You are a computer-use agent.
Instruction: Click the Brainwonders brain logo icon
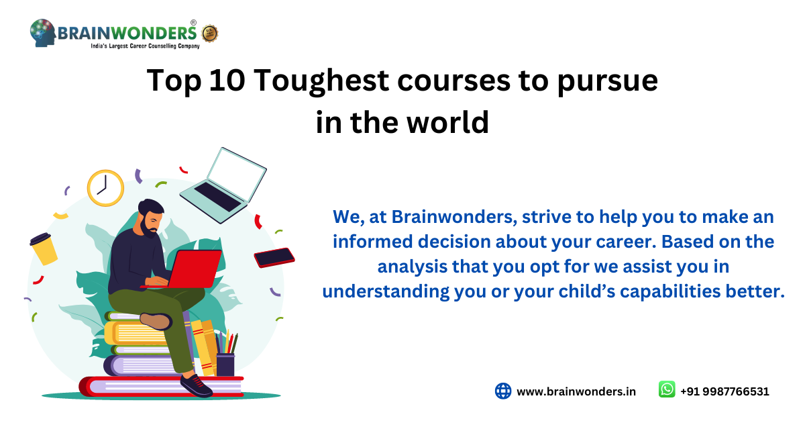42,33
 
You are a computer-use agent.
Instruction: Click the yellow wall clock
105,187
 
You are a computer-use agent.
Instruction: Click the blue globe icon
503,391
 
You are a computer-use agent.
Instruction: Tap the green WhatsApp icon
666,390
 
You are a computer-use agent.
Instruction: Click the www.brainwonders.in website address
576,391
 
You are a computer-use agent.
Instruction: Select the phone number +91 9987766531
724,391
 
